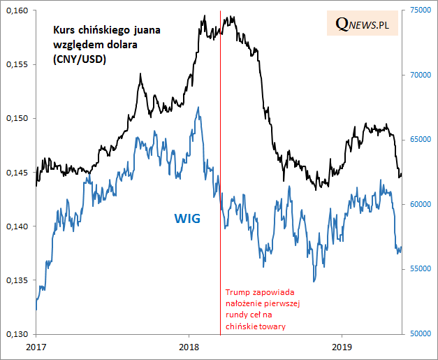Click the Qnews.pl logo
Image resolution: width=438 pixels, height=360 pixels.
tap(363, 24)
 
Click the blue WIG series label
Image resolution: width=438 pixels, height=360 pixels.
tap(187, 219)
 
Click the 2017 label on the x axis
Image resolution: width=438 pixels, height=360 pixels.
tap(36, 347)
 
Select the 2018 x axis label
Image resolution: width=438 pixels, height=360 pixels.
tap(189, 347)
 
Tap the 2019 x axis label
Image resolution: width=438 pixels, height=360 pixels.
tap(342, 347)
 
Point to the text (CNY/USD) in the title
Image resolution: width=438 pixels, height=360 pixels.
tap(78, 60)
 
